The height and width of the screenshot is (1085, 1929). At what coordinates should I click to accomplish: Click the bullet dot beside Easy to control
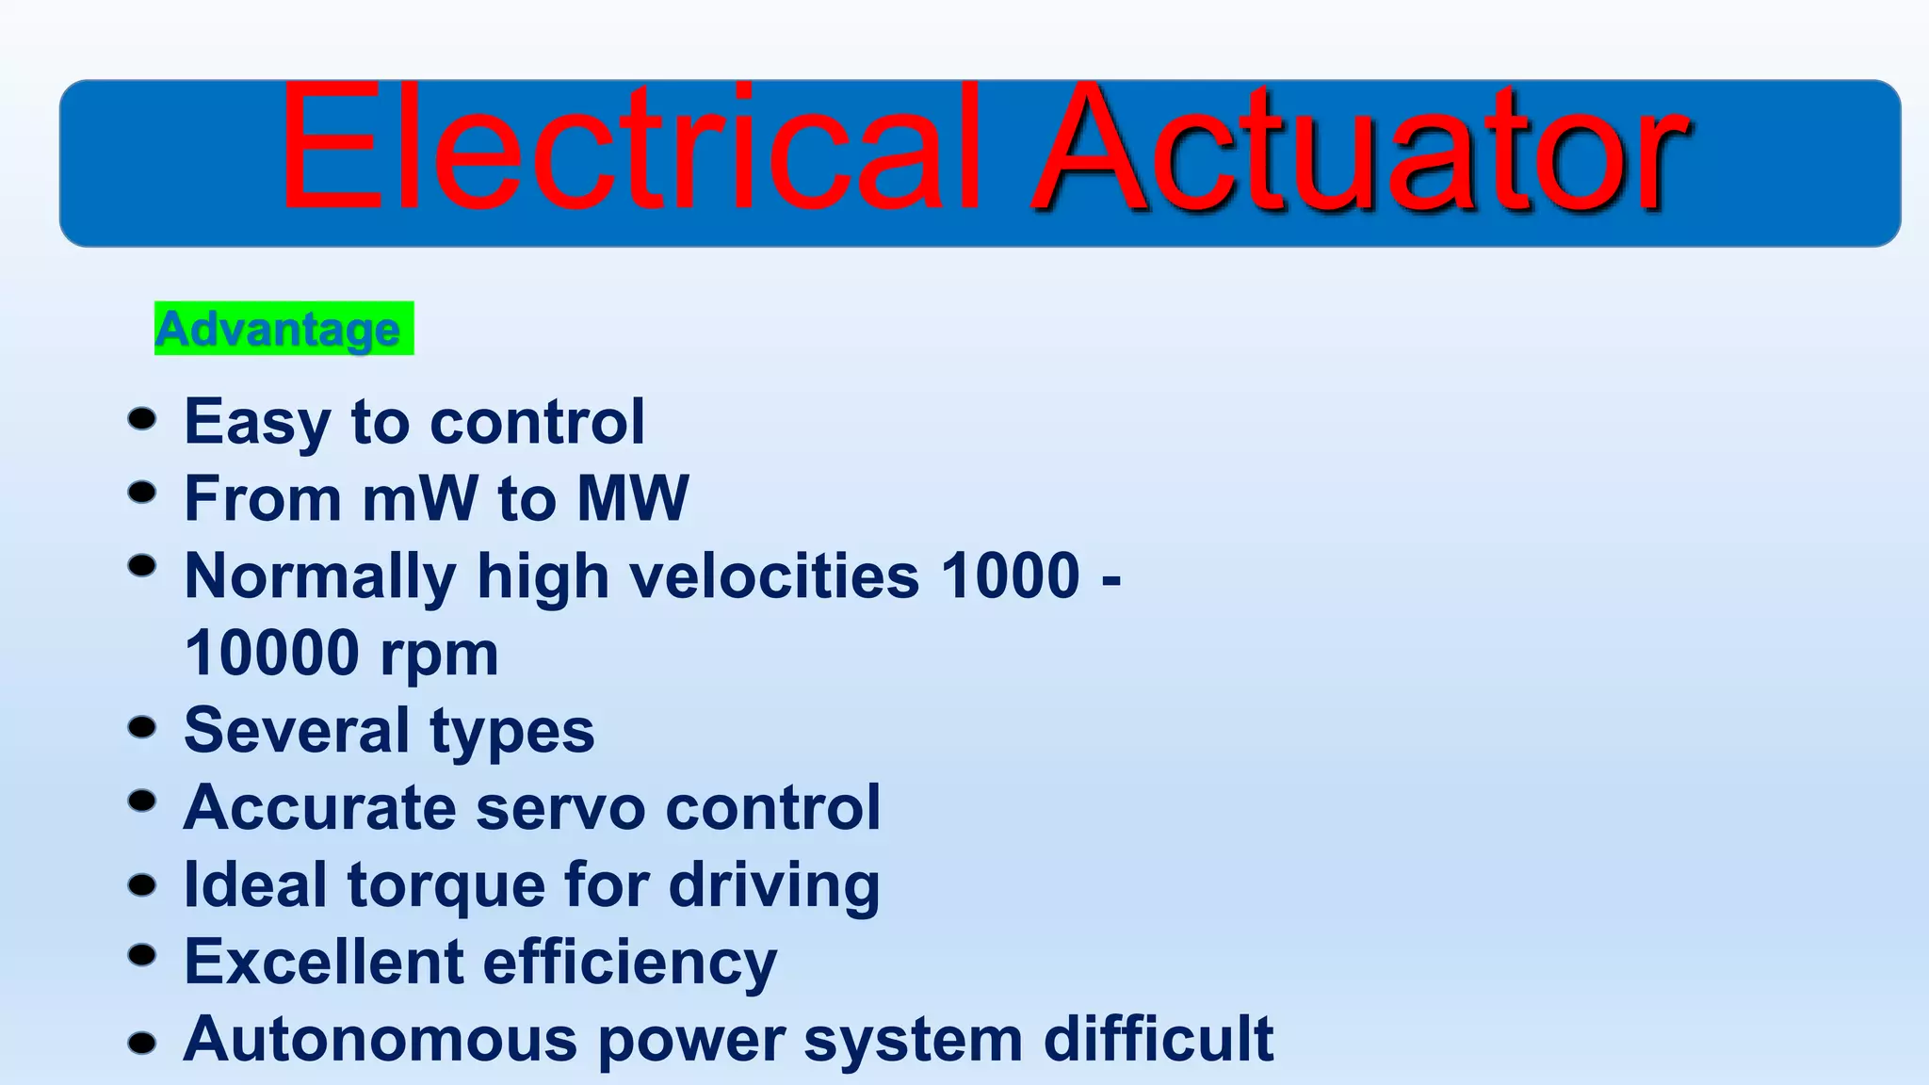[142, 418]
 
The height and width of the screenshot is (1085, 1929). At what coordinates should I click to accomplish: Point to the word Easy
[257, 423]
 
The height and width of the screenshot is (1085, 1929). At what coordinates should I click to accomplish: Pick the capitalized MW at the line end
[632, 498]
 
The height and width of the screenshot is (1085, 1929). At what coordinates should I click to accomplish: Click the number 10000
[272, 653]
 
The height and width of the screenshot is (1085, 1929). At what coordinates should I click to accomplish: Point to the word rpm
[439, 656]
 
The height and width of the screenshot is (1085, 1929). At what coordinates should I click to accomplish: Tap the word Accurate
[320, 808]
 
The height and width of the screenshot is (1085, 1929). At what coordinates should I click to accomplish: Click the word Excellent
[323, 962]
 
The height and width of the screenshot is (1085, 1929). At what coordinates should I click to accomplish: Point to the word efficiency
[630, 964]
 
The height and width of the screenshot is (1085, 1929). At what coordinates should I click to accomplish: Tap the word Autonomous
[381, 1039]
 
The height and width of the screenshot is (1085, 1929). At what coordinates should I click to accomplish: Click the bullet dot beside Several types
[142, 727]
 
